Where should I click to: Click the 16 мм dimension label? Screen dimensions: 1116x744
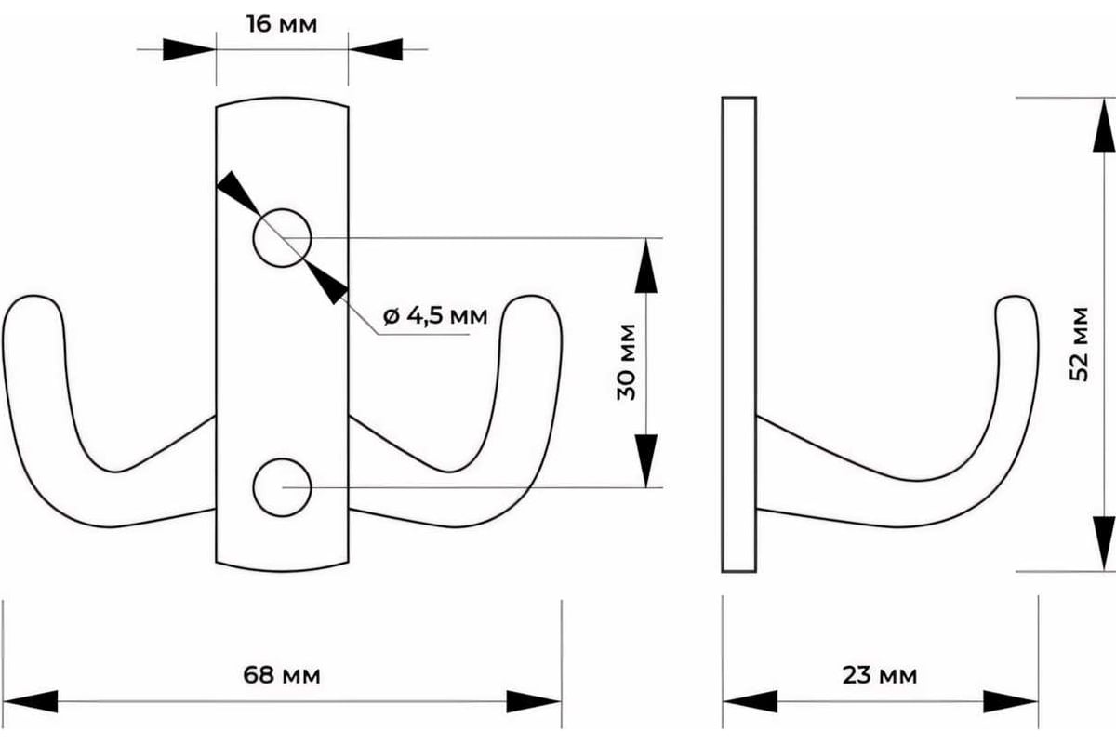coord(282,24)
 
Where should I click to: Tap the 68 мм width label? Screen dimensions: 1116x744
coord(282,675)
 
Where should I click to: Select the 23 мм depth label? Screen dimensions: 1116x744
coord(880,675)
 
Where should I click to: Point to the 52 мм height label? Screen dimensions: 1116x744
coord(1079,344)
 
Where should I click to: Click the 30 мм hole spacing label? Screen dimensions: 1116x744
coord(626,362)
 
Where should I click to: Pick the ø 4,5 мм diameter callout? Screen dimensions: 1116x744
coord(435,315)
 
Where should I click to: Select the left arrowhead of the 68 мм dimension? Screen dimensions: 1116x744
coord(30,701)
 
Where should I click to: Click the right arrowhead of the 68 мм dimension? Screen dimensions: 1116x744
coord(534,701)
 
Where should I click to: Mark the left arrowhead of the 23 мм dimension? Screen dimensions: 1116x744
coord(750,701)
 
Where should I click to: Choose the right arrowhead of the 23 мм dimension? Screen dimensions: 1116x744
coord(1011,701)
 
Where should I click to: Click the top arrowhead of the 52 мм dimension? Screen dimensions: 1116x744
coord(1104,125)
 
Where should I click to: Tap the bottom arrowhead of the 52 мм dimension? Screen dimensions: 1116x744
coord(1104,544)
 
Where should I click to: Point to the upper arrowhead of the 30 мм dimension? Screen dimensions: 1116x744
coord(646,266)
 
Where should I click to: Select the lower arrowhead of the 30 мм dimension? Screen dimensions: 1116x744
coord(646,460)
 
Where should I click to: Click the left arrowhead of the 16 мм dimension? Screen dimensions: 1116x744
coord(190,49)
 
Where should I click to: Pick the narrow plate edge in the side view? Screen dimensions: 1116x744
coord(739,335)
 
